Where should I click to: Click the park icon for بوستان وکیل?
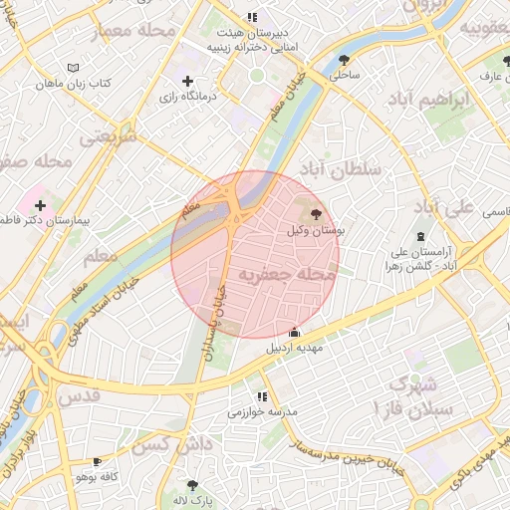(316, 213)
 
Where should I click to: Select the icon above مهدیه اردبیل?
(293, 332)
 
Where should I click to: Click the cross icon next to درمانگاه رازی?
(187, 81)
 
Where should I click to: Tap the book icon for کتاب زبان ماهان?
(71, 67)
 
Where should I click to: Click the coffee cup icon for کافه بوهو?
(97, 462)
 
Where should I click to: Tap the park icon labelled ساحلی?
(345, 59)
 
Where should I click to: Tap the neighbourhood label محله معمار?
(133, 32)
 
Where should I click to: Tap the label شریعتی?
(107, 136)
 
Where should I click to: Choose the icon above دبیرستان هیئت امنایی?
(252, 17)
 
